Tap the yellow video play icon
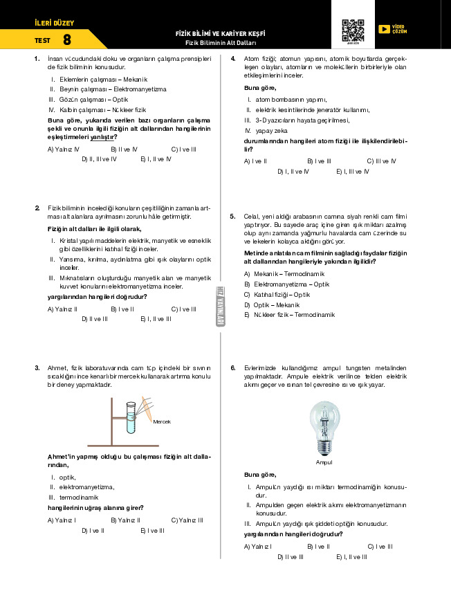tap(384, 29)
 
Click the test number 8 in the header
tap(66, 40)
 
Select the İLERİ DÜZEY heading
tap(49, 24)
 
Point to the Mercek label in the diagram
tap(162, 421)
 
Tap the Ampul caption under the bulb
tap(324, 462)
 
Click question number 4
tap(233, 59)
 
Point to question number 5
tap(233, 217)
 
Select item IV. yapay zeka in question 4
tap(266, 130)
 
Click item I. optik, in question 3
tap(63, 477)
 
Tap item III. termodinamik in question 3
tap(72, 497)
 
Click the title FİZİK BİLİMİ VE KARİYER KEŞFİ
tap(221, 34)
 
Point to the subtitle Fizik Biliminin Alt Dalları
tap(221, 43)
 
